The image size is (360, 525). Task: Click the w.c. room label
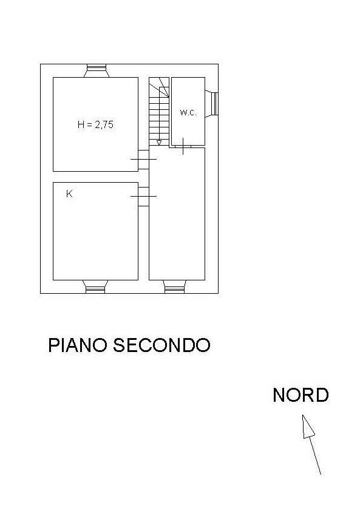click(x=188, y=112)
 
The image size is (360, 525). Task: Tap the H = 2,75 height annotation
click(x=95, y=124)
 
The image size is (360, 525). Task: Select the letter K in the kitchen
click(x=69, y=194)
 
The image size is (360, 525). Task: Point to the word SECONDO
click(x=161, y=345)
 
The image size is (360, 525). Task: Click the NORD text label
click(x=301, y=395)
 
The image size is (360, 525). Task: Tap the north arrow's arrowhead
click(x=308, y=427)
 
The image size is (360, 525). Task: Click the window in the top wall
click(x=97, y=70)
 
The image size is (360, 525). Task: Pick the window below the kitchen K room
click(x=95, y=286)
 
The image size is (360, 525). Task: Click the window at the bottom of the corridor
click(x=174, y=286)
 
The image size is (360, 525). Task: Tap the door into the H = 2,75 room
click(x=144, y=160)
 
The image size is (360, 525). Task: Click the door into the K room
click(x=144, y=196)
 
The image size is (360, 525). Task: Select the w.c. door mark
click(x=183, y=146)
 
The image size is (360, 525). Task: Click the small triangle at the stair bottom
click(x=159, y=142)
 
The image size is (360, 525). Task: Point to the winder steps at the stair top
click(x=159, y=87)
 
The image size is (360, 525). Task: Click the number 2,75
click(x=104, y=124)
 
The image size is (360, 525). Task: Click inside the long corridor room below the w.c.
click(x=177, y=214)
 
